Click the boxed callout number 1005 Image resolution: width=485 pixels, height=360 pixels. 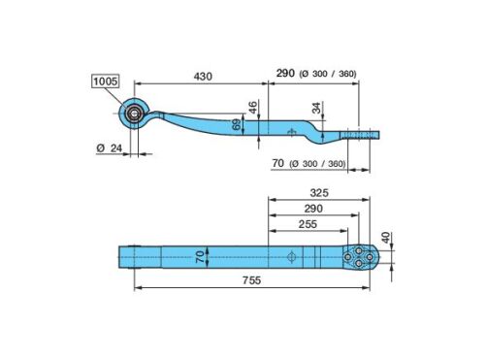(x=106, y=82)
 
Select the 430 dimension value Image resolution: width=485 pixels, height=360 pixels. (x=203, y=77)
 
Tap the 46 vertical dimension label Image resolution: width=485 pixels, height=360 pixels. (x=253, y=108)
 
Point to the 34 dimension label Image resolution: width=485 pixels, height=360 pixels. (x=316, y=108)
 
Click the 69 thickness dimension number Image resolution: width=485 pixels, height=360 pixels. (x=237, y=124)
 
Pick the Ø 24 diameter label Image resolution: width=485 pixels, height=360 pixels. (x=110, y=148)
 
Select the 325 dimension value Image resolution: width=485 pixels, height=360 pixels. (x=319, y=193)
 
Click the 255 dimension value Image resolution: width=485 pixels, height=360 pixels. (x=307, y=224)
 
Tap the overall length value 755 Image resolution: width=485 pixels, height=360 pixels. (x=251, y=280)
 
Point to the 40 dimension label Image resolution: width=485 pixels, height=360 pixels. (x=386, y=238)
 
